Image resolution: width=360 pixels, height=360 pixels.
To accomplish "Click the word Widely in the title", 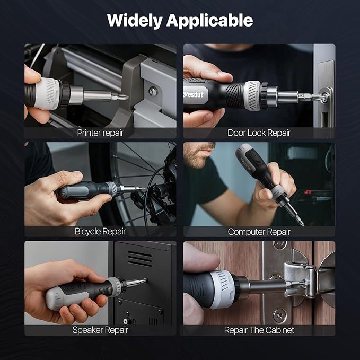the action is coord(135,21).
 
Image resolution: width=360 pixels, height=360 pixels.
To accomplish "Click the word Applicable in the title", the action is coord(209,21).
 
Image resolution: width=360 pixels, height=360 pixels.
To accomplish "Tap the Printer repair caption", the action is coord(100,133).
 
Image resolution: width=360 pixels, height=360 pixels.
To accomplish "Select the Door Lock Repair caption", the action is coord(259,133).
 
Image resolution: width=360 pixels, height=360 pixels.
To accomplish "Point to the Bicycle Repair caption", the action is coord(100,231).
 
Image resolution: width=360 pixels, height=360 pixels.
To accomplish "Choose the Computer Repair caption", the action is coord(259,232).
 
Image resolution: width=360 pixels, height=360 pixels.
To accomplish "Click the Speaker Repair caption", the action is coord(100,330).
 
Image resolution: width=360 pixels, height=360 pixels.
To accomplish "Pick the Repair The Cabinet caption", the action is coord(259,330).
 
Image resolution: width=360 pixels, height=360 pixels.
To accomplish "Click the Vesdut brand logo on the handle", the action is coord(194,94).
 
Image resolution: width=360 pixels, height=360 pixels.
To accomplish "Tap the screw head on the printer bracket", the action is coord(153,92).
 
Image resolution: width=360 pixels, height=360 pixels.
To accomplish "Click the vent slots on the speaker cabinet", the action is coord(139,259).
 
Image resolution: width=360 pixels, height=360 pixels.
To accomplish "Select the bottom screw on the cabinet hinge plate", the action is coord(279,315).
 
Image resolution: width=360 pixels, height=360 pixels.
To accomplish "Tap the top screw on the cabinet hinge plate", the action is coord(279,245).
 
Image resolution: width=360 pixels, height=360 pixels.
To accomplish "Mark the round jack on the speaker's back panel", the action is coord(126,321).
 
